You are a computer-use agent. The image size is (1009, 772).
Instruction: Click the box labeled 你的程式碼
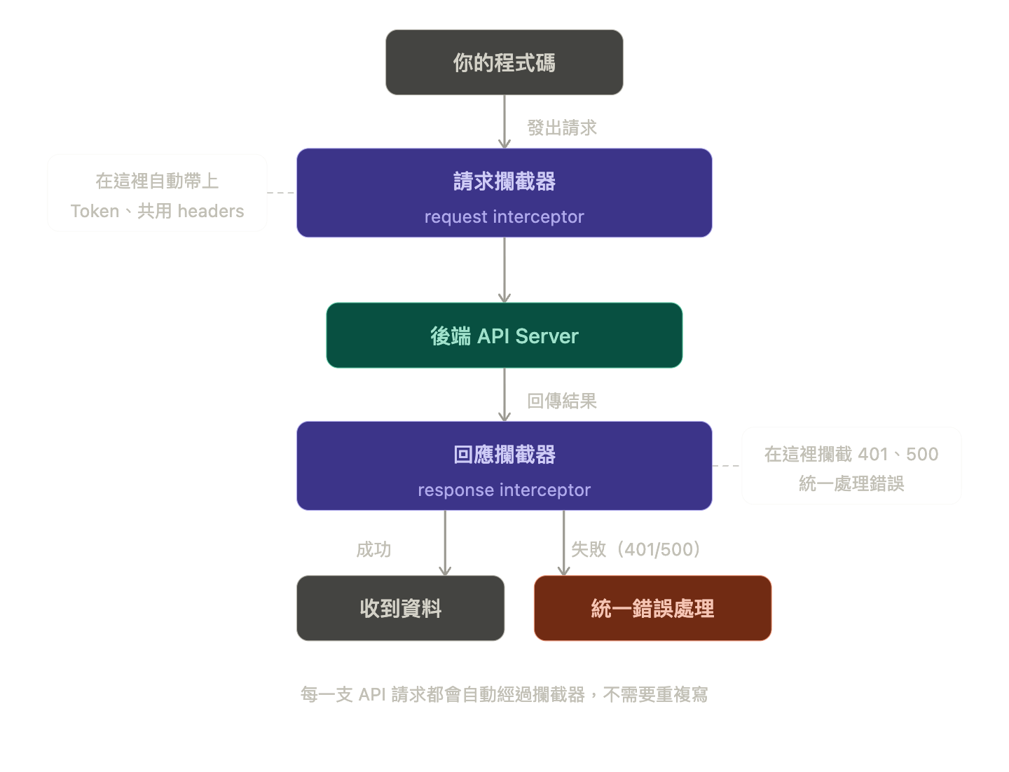504,62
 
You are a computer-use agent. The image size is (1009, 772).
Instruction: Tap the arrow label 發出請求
561,127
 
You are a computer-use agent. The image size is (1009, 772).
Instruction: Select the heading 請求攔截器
504,181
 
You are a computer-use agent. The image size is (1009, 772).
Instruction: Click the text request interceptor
504,217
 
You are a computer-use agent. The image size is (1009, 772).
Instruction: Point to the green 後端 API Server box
504,336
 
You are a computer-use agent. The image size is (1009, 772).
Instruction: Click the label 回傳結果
561,401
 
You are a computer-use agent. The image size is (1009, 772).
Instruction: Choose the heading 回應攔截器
504,455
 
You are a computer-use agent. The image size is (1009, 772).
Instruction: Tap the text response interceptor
504,490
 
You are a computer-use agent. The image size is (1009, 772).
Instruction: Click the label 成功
373,549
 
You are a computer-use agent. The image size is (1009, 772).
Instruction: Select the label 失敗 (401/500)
635,549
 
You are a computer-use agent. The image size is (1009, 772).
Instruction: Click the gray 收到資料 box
400,608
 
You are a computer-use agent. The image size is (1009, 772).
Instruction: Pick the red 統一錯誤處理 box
652,608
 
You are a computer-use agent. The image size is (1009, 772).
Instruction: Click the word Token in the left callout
95,212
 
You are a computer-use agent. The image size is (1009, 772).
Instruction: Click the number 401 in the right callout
872,454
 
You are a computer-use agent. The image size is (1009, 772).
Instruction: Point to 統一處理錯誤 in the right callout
851,483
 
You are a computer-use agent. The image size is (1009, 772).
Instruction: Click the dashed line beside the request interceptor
282,193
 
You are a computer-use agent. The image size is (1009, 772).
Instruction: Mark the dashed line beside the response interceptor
727,466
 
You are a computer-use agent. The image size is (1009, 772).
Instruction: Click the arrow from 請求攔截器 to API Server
504,270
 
